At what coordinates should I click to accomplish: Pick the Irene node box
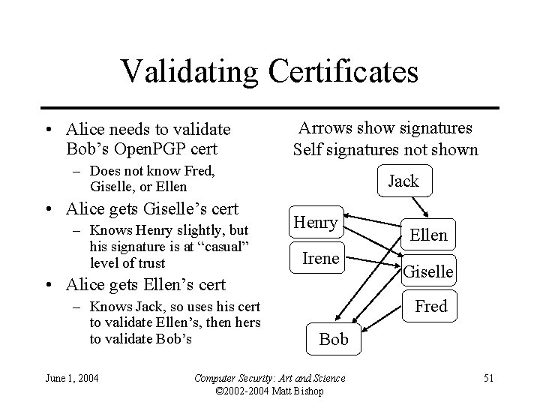click(x=320, y=259)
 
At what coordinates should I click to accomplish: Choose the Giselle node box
click(x=428, y=271)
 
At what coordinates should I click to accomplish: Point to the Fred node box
click(x=431, y=306)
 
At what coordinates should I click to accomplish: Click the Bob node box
click(x=334, y=339)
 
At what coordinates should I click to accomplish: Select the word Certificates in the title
click(x=344, y=71)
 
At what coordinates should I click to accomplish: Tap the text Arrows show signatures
click(x=385, y=128)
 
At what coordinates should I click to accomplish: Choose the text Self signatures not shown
click(x=385, y=149)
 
